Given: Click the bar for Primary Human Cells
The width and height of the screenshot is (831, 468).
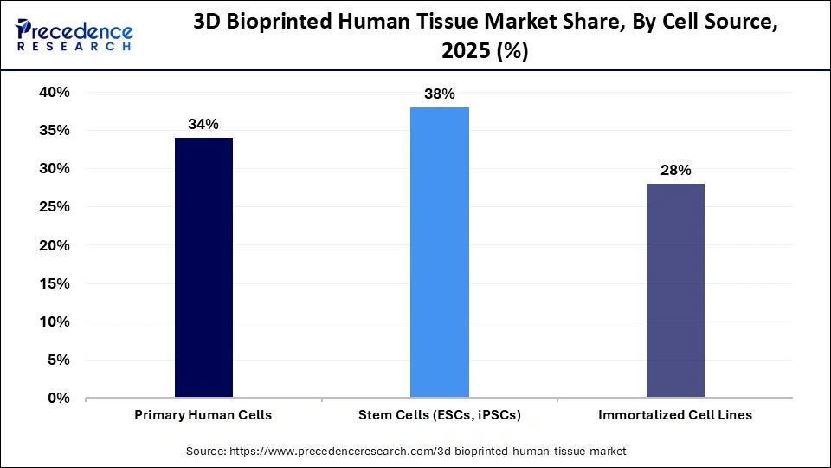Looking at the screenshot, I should pyautogui.click(x=203, y=268).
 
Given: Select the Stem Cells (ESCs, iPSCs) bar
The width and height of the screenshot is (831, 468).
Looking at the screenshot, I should pyautogui.click(x=440, y=252).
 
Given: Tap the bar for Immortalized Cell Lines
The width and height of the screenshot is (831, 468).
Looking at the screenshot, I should pyautogui.click(x=675, y=290).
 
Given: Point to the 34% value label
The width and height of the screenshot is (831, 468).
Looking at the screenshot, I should pyautogui.click(x=203, y=125).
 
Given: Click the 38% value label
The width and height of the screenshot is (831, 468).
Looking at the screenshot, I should pyautogui.click(x=440, y=94).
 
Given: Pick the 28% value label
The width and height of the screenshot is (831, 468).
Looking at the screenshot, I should pyautogui.click(x=675, y=171).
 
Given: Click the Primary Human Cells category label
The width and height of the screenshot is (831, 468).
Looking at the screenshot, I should pyautogui.click(x=203, y=415).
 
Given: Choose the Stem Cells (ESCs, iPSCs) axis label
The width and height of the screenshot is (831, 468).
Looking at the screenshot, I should pyautogui.click(x=440, y=415).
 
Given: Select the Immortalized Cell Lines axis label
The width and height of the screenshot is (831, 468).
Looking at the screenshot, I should pyautogui.click(x=675, y=415).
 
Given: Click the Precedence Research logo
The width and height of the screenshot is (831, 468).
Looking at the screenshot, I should pyautogui.click(x=74, y=35).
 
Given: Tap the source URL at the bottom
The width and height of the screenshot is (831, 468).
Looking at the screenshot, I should pyautogui.click(x=406, y=452).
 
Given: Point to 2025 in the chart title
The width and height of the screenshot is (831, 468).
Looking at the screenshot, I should pyautogui.click(x=467, y=53).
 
